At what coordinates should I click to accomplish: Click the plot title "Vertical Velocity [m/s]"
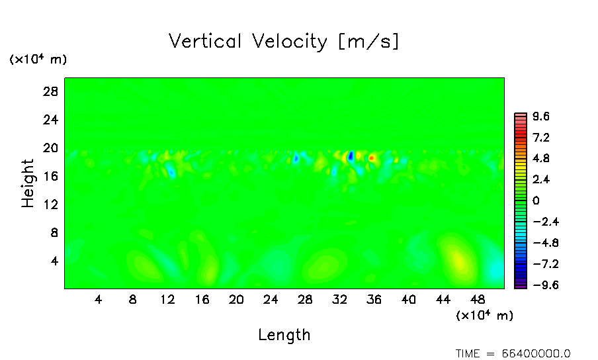[x=284, y=42]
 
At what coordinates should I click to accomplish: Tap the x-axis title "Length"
[x=284, y=335]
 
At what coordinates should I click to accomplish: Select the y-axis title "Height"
[x=28, y=183]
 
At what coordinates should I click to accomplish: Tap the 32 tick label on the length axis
[x=339, y=300]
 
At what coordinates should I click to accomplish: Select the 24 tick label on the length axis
[x=271, y=300]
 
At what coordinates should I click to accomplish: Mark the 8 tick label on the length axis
[x=133, y=300]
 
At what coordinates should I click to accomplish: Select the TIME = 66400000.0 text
[x=513, y=353]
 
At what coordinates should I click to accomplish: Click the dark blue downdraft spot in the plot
[x=351, y=156]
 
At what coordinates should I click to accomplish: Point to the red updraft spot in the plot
[x=372, y=157]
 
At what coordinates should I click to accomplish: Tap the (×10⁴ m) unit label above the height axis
[x=38, y=60]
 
